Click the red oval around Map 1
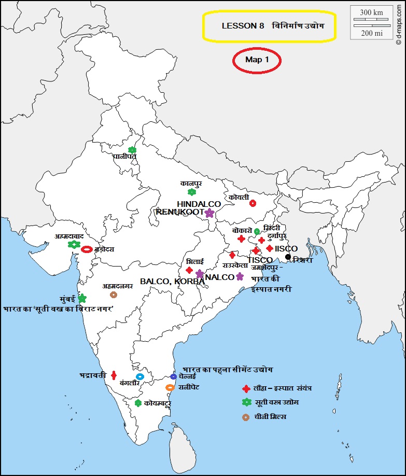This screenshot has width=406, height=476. click(257, 60)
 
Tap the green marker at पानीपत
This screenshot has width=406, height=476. click(132, 150)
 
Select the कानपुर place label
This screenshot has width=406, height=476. click(191, 184)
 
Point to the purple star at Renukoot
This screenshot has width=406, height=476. click(209, 213)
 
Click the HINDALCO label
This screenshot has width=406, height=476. click(199, 204)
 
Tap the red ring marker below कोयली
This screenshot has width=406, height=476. click(253, 203)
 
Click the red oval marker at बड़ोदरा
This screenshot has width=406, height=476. click(87, 249)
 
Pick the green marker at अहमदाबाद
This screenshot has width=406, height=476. click(73, 244)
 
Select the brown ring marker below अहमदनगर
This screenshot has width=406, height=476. click(114, 295)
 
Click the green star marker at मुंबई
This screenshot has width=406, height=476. click(82, 298)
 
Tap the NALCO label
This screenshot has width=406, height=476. click(220, 277)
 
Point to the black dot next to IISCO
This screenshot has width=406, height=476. click(288, 257)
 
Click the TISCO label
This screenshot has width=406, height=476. click(260, 260)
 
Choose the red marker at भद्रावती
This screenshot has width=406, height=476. click(114, 375)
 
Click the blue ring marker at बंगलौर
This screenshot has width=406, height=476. click(139, 376)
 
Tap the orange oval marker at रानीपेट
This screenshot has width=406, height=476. click(170, 387)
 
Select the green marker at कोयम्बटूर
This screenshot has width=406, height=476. click(138, 403)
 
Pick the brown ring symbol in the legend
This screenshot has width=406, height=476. click(246, 416)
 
